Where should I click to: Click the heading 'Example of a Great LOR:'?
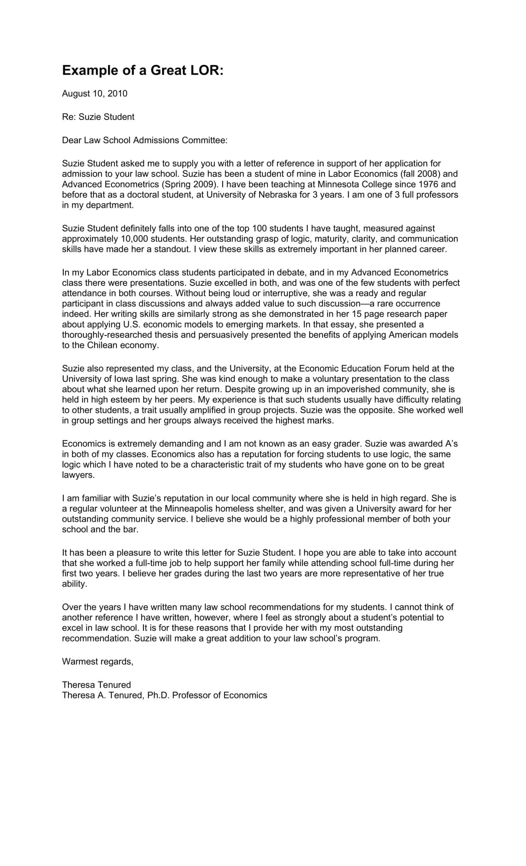143,71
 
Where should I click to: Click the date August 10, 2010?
94,93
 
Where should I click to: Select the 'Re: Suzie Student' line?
98,117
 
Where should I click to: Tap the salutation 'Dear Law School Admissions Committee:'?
145,140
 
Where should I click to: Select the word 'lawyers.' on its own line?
79,475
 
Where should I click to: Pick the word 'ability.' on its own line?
74,584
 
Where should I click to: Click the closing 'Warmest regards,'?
98,661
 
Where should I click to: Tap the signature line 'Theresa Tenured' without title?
96,685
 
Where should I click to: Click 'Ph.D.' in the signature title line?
158,695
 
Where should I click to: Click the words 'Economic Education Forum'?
354,368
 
